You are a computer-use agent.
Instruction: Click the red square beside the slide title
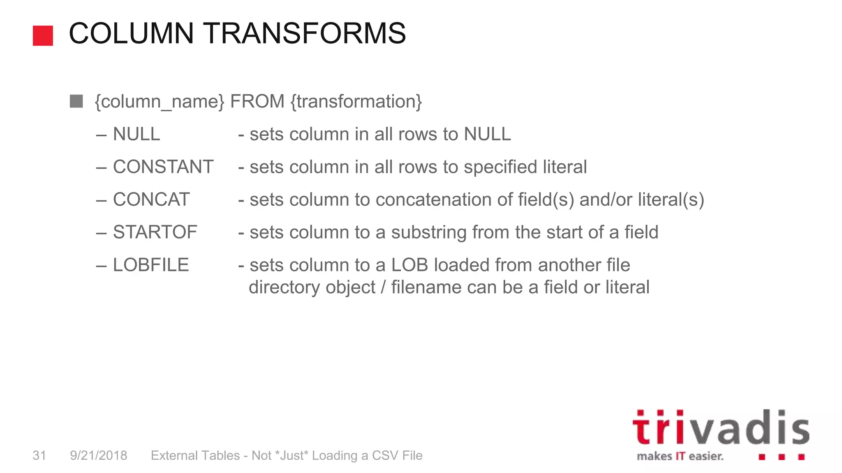click(x=43, y=36)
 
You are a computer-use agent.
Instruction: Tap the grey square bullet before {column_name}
click(x=76, y=101)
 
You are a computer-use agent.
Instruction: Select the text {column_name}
click(x=160, y=101)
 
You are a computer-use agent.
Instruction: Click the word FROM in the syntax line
click(x=257, y=101)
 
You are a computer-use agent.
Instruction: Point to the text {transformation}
click(x=356, y=101)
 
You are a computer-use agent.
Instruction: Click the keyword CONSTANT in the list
click(x=163, y=167)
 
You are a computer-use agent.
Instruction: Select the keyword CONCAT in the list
click(x=151, y=200)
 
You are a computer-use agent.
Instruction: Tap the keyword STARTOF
click(x=155, y=232)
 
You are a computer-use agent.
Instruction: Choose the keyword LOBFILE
click(x=151, y=265)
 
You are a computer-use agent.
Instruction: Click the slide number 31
click(x=39, y=455)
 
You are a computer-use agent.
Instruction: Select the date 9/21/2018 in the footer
click(x=99, y=455)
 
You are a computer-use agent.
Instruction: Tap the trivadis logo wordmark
click(x=721, y=428)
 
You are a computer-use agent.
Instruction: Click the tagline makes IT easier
click(x=680, y=456)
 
